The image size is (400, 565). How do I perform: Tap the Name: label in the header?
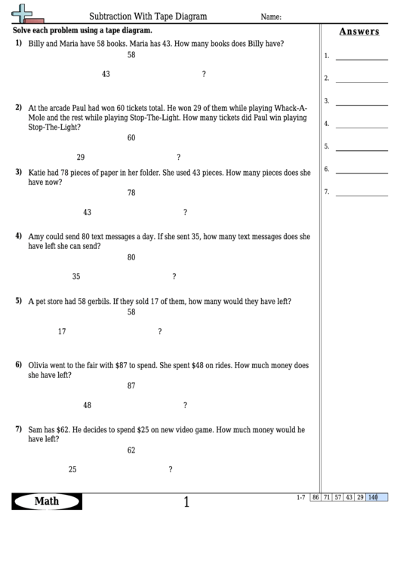point(271,17)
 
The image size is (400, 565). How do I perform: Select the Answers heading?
point(359,32)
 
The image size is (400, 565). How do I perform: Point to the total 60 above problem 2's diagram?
point(131,138)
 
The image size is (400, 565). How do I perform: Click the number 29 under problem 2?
point(81,158)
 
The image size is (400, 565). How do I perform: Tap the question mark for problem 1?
point(204,74)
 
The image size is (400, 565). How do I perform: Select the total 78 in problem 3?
point(131,193)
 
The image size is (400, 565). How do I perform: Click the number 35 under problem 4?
point(76,276)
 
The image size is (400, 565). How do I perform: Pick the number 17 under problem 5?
point(62,331)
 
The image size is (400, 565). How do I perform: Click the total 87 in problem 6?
point(131,385)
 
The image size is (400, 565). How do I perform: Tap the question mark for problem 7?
point(171,469)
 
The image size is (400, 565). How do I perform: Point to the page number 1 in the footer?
point(186,502)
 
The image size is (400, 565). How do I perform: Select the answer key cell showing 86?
point(315,497)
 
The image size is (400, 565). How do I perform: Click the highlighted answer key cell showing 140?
point(373,497)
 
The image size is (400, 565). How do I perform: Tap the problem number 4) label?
point(19,235)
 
